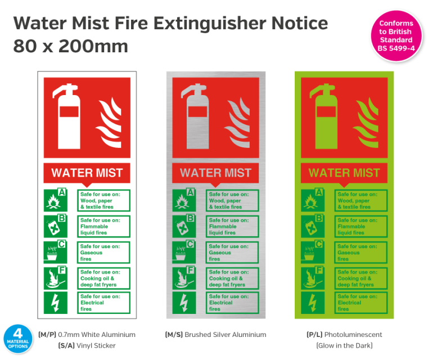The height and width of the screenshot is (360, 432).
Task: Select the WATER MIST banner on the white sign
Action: (87, 173)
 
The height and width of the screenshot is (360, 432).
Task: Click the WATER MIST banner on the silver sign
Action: (216, 173)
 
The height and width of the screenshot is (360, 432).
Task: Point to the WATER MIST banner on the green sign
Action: (344, 173)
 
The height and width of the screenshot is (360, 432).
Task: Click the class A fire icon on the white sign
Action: (55, 200)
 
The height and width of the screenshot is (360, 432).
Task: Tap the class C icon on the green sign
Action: (313, 252)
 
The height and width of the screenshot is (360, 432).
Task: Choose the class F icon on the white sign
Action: (55, 278)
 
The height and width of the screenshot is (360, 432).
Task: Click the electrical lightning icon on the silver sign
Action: (184, 303)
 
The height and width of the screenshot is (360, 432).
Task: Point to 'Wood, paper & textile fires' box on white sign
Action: (104, 200)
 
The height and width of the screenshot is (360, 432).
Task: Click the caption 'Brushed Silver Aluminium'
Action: (215, 335)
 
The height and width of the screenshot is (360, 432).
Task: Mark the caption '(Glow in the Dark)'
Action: (344, 345)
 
